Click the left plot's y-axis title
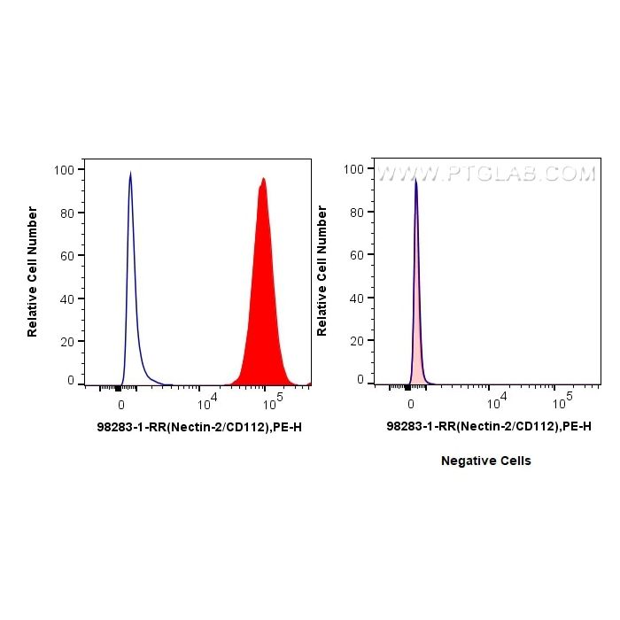pos(33,271)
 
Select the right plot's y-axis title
pos(322,271)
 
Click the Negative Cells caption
pos(486,461)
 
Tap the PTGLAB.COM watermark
pos(487,174)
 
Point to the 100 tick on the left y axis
pos(64,169)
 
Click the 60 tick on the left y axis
pos(67,255)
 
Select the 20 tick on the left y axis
pos(67,341)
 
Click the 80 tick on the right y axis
pos(357,212)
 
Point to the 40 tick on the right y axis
pos(357,298)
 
